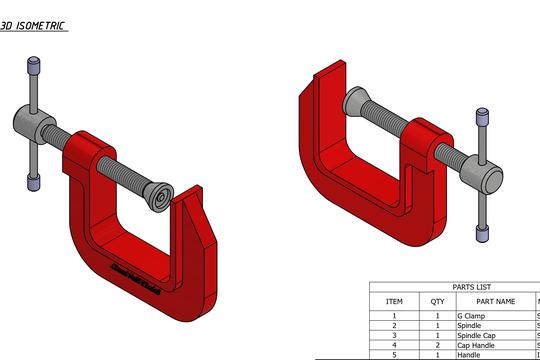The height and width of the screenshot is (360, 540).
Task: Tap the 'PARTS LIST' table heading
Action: pos(454,286)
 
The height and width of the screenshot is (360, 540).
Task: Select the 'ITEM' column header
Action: pos(394,300)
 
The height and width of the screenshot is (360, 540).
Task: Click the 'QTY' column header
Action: pos(436,300)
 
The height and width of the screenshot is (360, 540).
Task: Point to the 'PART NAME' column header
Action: pos(495,300)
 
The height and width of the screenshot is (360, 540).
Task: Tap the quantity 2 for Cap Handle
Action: pos(436,346)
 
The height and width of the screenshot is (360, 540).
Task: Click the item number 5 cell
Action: pos(394,355)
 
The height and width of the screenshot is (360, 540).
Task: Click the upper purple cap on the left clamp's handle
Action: pos(33,67)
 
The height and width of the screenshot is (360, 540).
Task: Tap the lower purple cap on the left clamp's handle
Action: pos(33,184)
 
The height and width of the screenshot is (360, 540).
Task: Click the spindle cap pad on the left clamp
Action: pos(158,196)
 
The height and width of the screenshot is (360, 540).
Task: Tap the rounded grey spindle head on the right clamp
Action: pos(489,178)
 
